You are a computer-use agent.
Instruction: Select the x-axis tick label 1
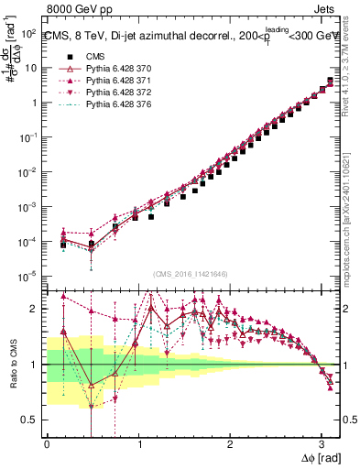[138, 444]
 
